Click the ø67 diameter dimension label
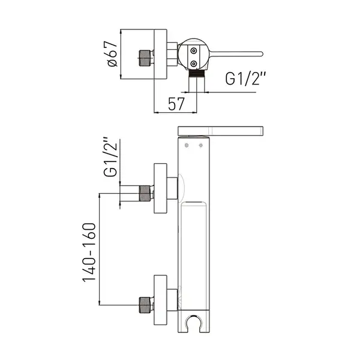click(112, 54)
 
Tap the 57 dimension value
click(176, 104)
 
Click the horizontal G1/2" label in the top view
click(245, 79)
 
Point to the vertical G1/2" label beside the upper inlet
click(110, 157)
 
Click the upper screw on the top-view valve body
click(194, 50)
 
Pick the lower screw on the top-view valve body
click(194, 63)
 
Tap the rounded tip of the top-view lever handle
click(261, 54)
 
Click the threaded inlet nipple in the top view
click(146, 58)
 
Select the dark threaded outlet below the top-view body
click(197, 73)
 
